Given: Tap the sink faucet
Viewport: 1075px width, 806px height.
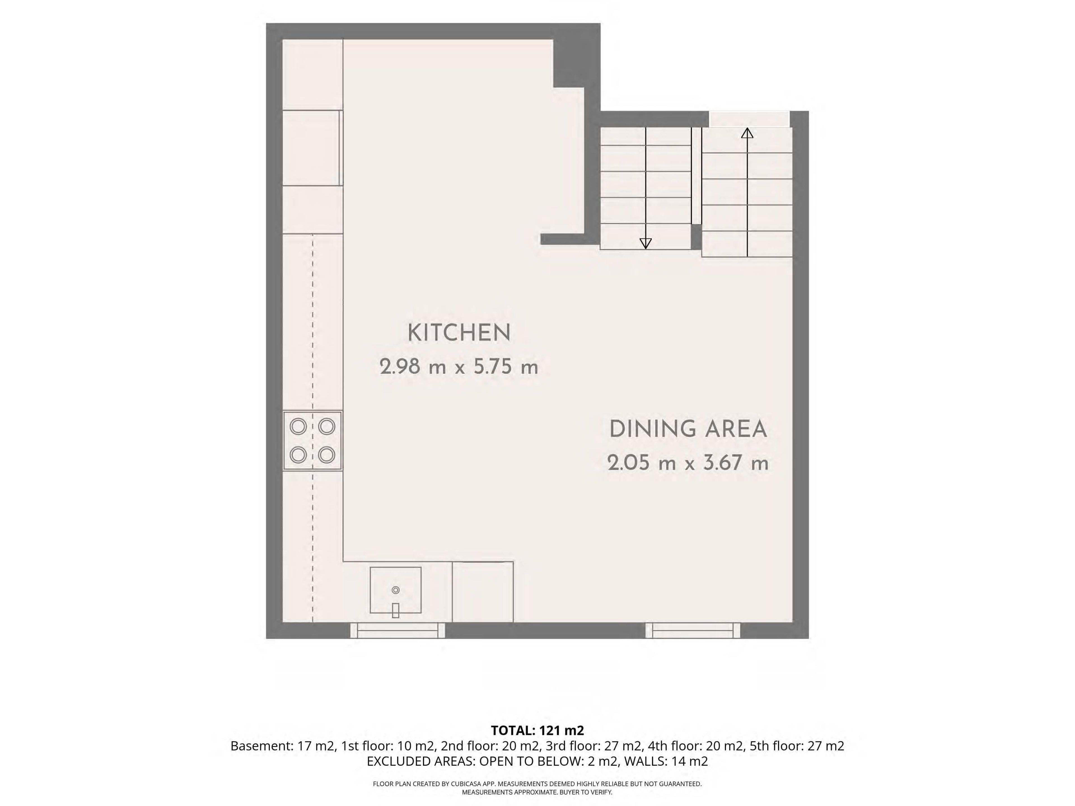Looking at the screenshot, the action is [396, 610].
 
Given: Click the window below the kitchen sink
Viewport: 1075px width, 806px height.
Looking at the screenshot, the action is [398, 630].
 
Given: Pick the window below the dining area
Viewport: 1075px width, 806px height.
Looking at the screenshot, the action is [693, 630].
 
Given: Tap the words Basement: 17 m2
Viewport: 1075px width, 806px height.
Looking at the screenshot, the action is [283, 746].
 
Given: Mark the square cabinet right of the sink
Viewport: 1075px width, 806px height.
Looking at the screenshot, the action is [483, 592].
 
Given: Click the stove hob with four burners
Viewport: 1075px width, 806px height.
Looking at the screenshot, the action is [312, 441].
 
